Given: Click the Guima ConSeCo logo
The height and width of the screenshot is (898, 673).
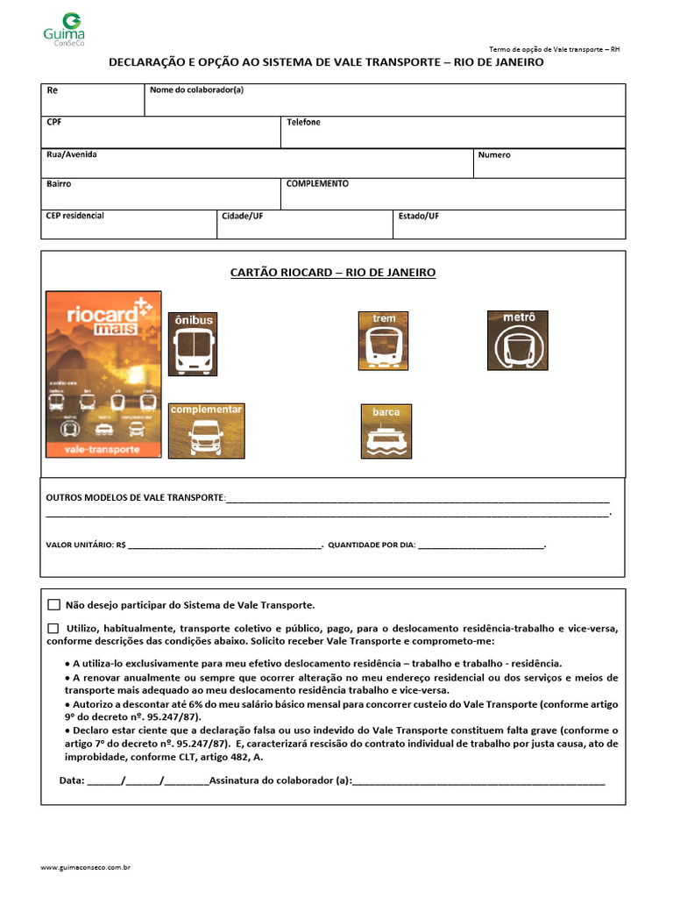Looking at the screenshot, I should pyautogui.click(x=64, y=29).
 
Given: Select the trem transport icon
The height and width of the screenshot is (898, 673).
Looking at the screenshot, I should pyautogui.click(x=384, y=339).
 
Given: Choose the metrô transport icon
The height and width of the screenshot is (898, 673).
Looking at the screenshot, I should pyautogui.click(x=517, y=340).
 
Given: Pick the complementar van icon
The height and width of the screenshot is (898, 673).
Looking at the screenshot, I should pyautogui.click(x=206, y=431).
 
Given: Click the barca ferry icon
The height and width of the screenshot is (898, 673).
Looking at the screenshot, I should pyautogui.click(x=386, y=431).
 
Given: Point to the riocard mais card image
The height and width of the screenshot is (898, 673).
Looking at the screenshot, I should pyautogui.click(x=103, y=374).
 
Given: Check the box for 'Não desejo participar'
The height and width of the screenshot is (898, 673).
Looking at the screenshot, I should pyautogui.click(x=54, y=605).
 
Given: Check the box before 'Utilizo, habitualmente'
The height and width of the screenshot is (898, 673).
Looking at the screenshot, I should pyautogui.click(x=54, y=628).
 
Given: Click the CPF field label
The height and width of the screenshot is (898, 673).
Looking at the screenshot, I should pyautogui.click(x=54, y=123).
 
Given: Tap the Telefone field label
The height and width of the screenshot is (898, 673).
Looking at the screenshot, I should pyautogui.click(x=303, y=123).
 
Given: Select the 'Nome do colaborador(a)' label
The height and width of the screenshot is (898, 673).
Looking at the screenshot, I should pyautogui.click(x=196, y=89).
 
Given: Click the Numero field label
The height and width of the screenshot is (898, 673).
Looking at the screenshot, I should pyautogui.click(x=494, y=155).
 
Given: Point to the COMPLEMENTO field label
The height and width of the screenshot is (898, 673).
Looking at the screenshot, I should pyautogui.click(x=317, y=184).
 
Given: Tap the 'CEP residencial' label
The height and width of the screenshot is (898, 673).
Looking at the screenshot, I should pyautogui.click(x=74, y=216).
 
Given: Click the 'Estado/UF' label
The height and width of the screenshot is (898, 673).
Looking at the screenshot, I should pyautogui.click(x=419, y=216).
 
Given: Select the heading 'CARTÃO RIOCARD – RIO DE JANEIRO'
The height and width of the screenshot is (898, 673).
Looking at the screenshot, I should pyautogui.click(x=333, y=273).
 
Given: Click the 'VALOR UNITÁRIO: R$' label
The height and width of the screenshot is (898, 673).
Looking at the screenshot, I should pyautogui.click(x=86, y=545).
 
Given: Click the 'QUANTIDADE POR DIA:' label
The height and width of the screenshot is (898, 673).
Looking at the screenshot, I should pyautogui.click(x=372, y=545).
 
